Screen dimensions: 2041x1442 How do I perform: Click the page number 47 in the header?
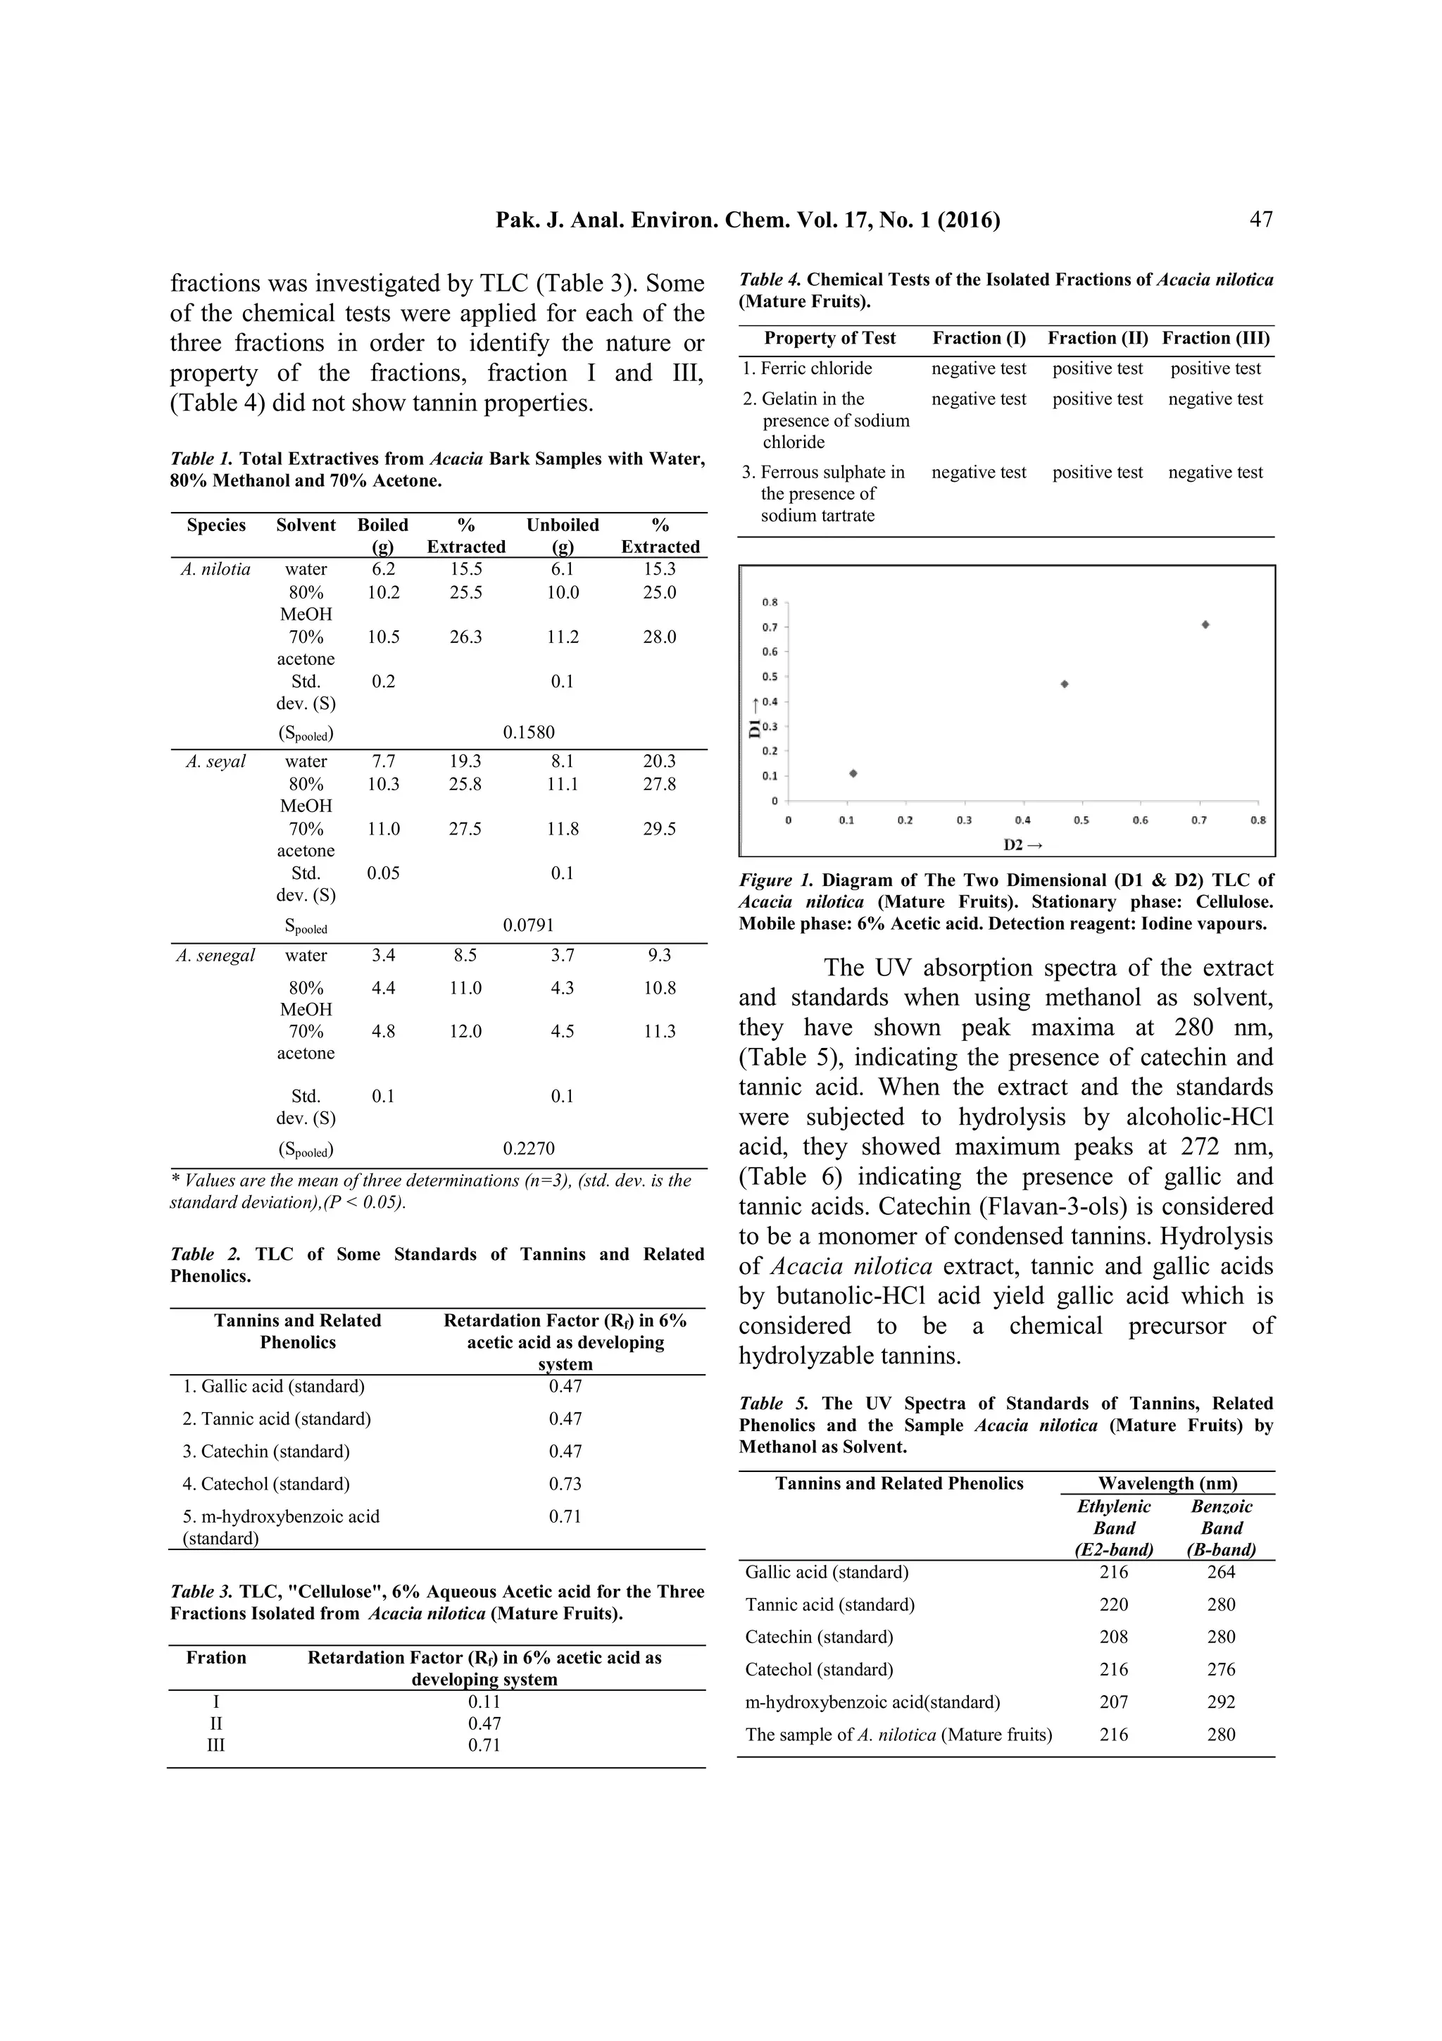[1261, 220]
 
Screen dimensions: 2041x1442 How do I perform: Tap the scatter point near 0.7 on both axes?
[1205, 625]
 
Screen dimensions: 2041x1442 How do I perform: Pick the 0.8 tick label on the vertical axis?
[770, 602]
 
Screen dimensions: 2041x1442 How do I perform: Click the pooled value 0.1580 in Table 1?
[529, 732]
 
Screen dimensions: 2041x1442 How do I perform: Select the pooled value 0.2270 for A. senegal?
[529, 1149]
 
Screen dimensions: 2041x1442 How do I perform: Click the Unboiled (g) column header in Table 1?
[563, 535]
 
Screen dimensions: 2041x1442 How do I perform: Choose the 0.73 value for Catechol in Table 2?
[565, 1484]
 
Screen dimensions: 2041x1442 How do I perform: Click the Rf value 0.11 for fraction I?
[484, 1702]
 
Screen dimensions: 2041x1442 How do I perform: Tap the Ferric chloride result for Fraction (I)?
[978, 368]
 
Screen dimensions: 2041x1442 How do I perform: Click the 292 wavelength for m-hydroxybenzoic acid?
[1221, 1702]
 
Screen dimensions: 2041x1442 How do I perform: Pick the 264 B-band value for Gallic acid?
[1221, 1572]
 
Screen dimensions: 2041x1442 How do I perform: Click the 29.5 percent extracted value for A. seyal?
[659, 828]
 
